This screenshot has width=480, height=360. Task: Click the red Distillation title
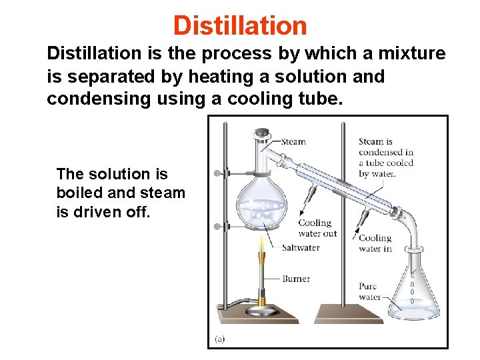tap(240, 25)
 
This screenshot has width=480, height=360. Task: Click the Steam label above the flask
tap(293, 141)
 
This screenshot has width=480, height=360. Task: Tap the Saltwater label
tap(301, 247)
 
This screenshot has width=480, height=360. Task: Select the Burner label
tap(296, 279)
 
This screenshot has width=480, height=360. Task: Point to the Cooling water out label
tap(318, 228)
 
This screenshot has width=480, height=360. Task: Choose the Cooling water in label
tap(375, 243)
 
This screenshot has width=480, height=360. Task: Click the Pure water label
tap(369, 292)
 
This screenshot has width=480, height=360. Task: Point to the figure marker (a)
tap(219, 339)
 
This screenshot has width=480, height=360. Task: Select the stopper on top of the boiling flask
tap(263, 134)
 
